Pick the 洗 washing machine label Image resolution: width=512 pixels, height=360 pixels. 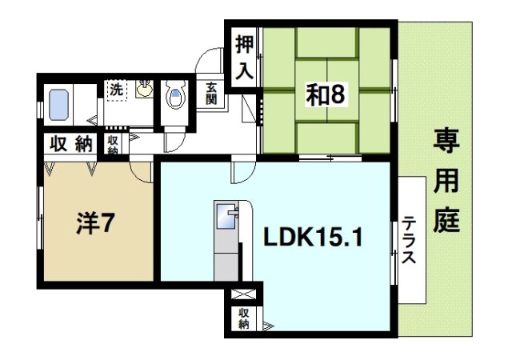(117, 88)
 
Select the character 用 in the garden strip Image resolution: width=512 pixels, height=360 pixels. (447, 183)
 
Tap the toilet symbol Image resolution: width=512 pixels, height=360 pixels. (174, 98)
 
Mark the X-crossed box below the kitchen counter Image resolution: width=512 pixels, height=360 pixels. (242, 294)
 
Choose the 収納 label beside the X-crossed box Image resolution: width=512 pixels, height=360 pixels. (243, 319)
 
